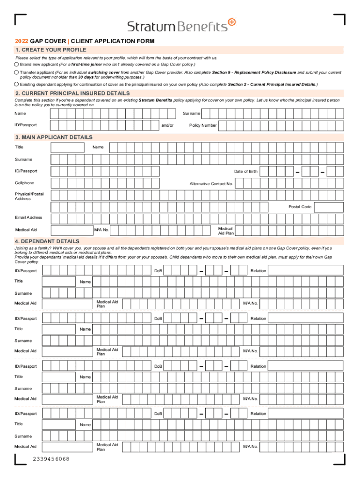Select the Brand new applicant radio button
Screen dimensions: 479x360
click(x=17, y=64)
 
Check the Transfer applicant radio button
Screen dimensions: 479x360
click(x=17, y=73)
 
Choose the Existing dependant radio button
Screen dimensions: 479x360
click(x=17, y=84)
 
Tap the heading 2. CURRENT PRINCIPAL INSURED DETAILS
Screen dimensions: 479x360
click(x=72, y=94)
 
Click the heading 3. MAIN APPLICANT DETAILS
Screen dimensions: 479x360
click(x=54, y=138)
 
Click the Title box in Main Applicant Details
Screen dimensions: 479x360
click(x=67, y=148)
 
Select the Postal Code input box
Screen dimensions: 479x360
click(x=328, y=207)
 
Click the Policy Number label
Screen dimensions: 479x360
click(x=202, y=125)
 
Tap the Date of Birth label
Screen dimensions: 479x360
click(x=245, y=172)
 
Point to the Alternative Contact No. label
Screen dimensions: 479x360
click(x=211, y=184)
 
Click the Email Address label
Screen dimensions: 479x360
click(x=29, y=218)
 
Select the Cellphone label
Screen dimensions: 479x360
click(x=24, y=183)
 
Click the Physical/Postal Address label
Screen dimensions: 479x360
click(x=29, y=196)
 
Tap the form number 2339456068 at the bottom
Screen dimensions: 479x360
click(x=51, y=459)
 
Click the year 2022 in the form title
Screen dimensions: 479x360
click(x=22, y=41)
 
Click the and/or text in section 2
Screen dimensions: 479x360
click(x=167, y=125)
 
